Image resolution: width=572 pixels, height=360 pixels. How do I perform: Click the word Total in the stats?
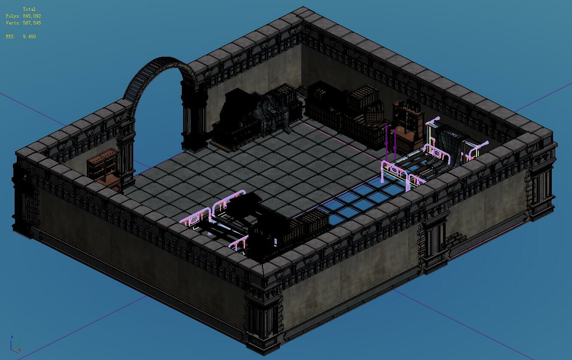[29, 9]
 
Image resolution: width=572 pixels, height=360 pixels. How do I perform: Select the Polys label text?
[13, 16]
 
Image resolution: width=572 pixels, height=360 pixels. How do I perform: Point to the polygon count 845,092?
[32, 16]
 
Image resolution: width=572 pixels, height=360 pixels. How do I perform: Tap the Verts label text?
[13, 23]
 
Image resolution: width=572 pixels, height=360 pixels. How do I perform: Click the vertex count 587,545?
[32, 23]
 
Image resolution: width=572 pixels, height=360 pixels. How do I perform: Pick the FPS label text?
[11, 37]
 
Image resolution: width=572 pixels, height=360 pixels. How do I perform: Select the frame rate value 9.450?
[29, 37]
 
